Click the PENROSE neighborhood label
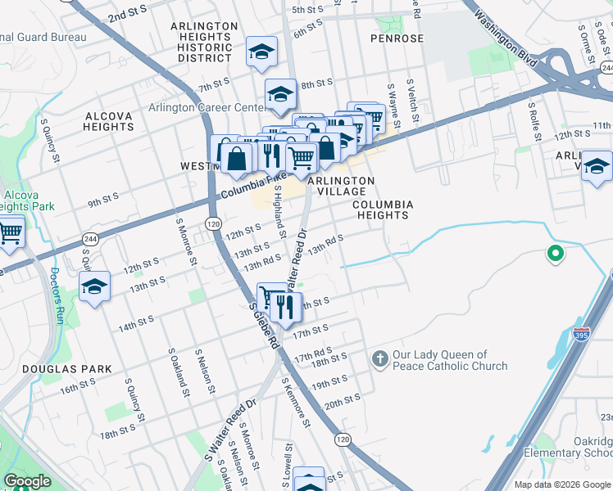(397, 38)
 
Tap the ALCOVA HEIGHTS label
(108, 122)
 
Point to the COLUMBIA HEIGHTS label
(381, 209)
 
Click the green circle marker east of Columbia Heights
(556, 255)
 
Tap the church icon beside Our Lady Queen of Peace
(379, 358)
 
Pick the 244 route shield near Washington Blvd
(605, 68)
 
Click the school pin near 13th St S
(95, 287)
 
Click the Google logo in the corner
(28, 481)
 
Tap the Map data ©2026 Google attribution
(561, 484)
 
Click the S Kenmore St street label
(296, 403)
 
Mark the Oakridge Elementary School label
(583, 447)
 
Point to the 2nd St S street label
(126, 15)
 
